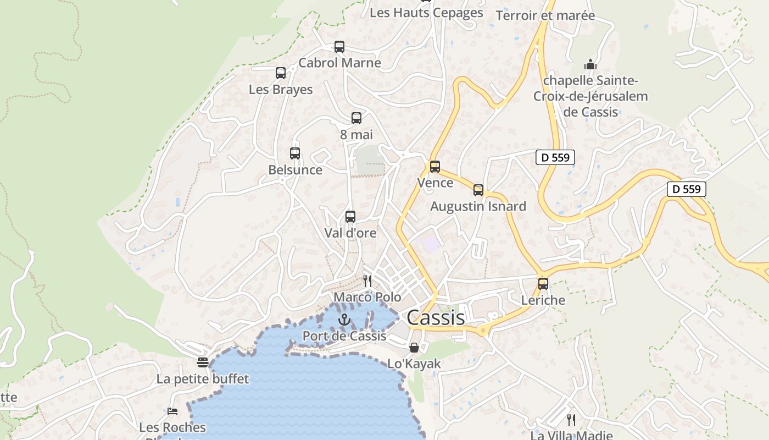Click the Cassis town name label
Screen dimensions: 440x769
[x=436, y=317]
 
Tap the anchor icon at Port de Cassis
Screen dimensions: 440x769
[x=344, y=320]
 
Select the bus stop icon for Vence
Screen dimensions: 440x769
[x=435, y=166]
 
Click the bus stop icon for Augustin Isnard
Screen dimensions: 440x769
[x=478, y=190]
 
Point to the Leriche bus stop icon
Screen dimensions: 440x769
[x=543, y=284]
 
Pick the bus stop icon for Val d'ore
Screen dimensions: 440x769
[x=350, y=217]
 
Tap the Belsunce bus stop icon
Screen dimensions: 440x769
[x=295, y=153]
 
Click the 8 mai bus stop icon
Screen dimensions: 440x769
[x=356, y=118]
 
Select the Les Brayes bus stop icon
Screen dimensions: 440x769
[x=281, y=73]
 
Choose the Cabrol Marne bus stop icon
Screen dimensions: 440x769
[x=339, y=47]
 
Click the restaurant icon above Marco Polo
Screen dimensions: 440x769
[x=367, y=281]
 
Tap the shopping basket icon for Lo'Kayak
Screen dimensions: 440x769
[x=414, y=348]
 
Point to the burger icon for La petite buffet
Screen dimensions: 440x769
[x=203, y=362]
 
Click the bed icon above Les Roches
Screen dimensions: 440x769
[x=172, y=411]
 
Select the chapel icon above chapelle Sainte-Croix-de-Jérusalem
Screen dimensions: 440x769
[x=590, y=64]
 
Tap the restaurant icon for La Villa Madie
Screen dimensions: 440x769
[x=571, y=420]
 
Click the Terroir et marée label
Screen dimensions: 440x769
[x=545, y=15]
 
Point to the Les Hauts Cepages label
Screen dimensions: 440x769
[x=426, y=13]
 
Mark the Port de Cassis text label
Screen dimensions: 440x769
[x=344, y=335]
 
